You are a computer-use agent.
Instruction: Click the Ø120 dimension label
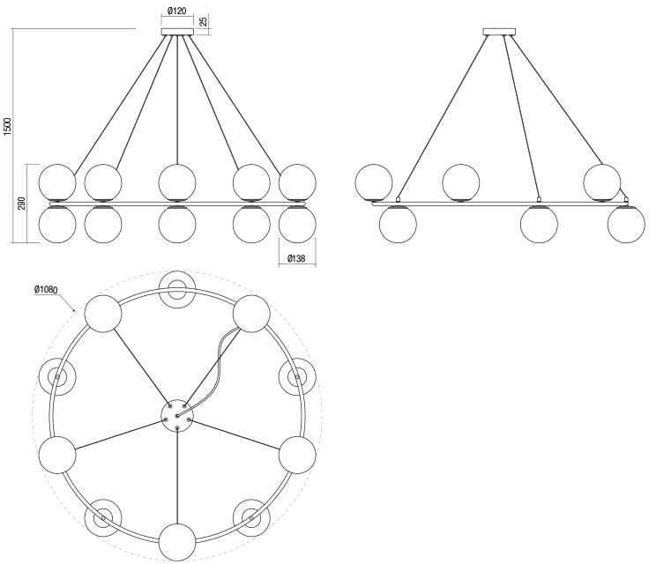pyautogui.click(x=177, y=11)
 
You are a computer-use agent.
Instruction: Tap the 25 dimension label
pyautogui.click(x=203, y=21)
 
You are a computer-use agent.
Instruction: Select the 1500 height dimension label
pyautogui.click(x=8, y=127)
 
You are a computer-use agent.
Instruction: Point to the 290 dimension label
pyautogui.click(x=22, y=204)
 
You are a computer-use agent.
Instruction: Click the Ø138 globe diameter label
pyautogui.click(x=296, y=258)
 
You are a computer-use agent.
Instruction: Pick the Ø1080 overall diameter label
pyautogui.click(x=46, y=290)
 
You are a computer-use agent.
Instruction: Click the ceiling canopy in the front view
pyautogui.click(x=177, y=32)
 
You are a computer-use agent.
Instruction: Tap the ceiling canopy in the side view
pyautogui.click(x=500, y=32)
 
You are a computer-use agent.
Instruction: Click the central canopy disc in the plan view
pyautogui.click(x=177, y=415)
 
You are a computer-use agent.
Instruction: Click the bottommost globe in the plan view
pyautogui.click(x=177, y=543)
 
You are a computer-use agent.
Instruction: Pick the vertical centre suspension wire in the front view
pyautogui.click(x=177, y=100)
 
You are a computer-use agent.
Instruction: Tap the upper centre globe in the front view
pyautogui.click(x=177, y=182)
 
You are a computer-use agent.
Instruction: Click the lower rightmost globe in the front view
pyautogui.click(x=297, y=224)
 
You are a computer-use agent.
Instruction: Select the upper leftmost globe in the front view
pyautogui.click(x=57, y=182)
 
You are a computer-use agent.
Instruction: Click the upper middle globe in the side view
pyautogui.click(x=460, y=182)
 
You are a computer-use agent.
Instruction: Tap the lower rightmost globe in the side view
pyautogui.click(x=626, y=224)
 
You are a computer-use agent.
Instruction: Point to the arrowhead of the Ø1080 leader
pyautogui.click(x=74, y=309)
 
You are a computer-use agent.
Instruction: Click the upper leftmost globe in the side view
pyautogui.click(x=374, y=182)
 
